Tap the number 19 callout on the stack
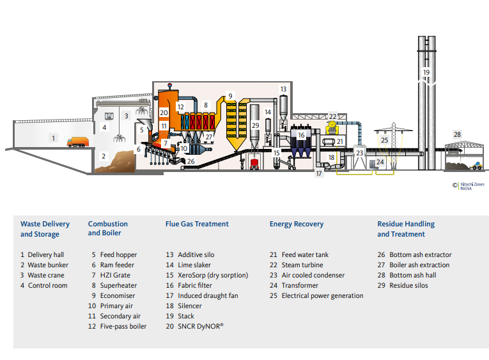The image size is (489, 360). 426,72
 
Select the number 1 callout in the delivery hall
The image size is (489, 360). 54,137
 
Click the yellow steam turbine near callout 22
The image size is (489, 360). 332,127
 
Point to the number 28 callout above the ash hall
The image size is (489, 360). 456,134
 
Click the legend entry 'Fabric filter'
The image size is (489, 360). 196,285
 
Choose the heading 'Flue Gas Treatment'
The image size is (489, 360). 197,224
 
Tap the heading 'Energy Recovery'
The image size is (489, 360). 297,224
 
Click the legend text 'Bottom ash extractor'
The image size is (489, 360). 420,254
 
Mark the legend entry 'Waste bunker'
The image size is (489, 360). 48,265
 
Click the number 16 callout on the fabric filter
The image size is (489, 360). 301,135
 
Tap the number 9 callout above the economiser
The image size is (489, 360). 230,95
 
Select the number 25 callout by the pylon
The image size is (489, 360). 384,139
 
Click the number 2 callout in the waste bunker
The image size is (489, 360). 103,155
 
